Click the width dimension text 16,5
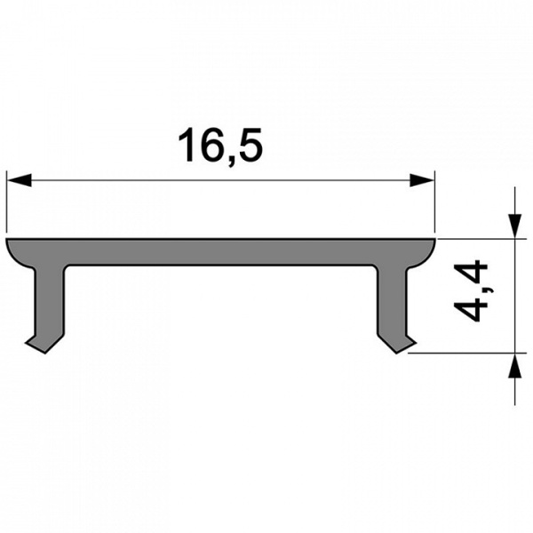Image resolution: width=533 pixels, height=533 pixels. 221,146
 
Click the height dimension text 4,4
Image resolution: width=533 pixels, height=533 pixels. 472,290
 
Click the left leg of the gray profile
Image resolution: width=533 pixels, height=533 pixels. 49,302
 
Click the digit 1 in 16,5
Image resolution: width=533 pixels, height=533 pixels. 187,146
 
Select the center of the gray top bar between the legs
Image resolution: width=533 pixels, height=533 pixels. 221,251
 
